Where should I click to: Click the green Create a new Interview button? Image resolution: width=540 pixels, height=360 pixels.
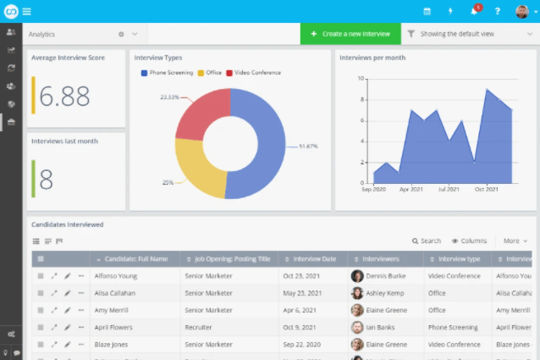350,34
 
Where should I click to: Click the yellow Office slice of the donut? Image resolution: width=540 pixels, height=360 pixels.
200,169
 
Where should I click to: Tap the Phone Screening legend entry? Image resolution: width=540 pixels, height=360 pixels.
168,73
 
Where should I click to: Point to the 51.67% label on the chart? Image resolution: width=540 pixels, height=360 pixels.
308,147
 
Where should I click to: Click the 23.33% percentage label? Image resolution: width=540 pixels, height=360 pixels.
169,97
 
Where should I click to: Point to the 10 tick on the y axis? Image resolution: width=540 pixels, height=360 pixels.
361,79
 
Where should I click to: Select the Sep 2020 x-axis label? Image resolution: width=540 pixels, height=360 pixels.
373,189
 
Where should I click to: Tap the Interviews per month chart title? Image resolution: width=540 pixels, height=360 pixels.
372,58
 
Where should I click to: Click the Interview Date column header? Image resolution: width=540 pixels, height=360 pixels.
314,258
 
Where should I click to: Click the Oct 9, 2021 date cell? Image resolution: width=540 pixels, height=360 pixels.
303,326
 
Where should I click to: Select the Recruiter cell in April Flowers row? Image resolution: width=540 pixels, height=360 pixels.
199,326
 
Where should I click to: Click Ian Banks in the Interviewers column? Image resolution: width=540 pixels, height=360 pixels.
382,326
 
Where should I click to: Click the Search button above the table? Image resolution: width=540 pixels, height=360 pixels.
427,241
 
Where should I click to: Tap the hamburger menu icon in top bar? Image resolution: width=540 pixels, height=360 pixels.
27,11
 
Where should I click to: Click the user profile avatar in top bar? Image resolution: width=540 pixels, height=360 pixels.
521,11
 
